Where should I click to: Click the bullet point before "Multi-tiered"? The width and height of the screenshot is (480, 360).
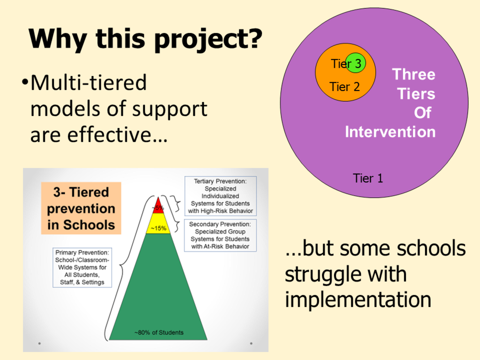click(x=25, y=82)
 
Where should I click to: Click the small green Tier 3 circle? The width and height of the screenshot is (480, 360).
click(x=356, y=63)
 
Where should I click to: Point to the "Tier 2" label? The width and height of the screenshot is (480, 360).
click(x=345, y=87)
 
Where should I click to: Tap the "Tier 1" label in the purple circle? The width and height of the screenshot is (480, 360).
click(x=368, y=178)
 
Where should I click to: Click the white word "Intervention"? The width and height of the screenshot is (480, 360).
click(x=390, y=132)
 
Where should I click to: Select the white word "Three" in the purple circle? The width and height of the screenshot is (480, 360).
click(x=414, y=74)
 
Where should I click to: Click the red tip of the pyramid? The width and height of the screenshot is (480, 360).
click(x=158, y=206)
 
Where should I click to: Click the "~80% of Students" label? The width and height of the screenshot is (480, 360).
click(x=159, y=332)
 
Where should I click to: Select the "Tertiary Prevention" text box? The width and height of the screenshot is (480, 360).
click(x=220, y=196)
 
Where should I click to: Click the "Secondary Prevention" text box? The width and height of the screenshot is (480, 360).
click(x=220, y=235)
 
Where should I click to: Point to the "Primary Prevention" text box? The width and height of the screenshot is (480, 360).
click(x=82, y=267)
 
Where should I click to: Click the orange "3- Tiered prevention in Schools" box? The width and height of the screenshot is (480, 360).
click(x=81, y=208)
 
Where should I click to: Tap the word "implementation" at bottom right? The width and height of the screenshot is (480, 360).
click(x=358, y=299)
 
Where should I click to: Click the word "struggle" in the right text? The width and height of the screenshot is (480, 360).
click(x=346, y=274)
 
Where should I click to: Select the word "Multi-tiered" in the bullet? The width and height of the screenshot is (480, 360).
click(x=89, y=83)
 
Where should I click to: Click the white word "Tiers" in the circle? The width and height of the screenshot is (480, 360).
click(x=416, y=94)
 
